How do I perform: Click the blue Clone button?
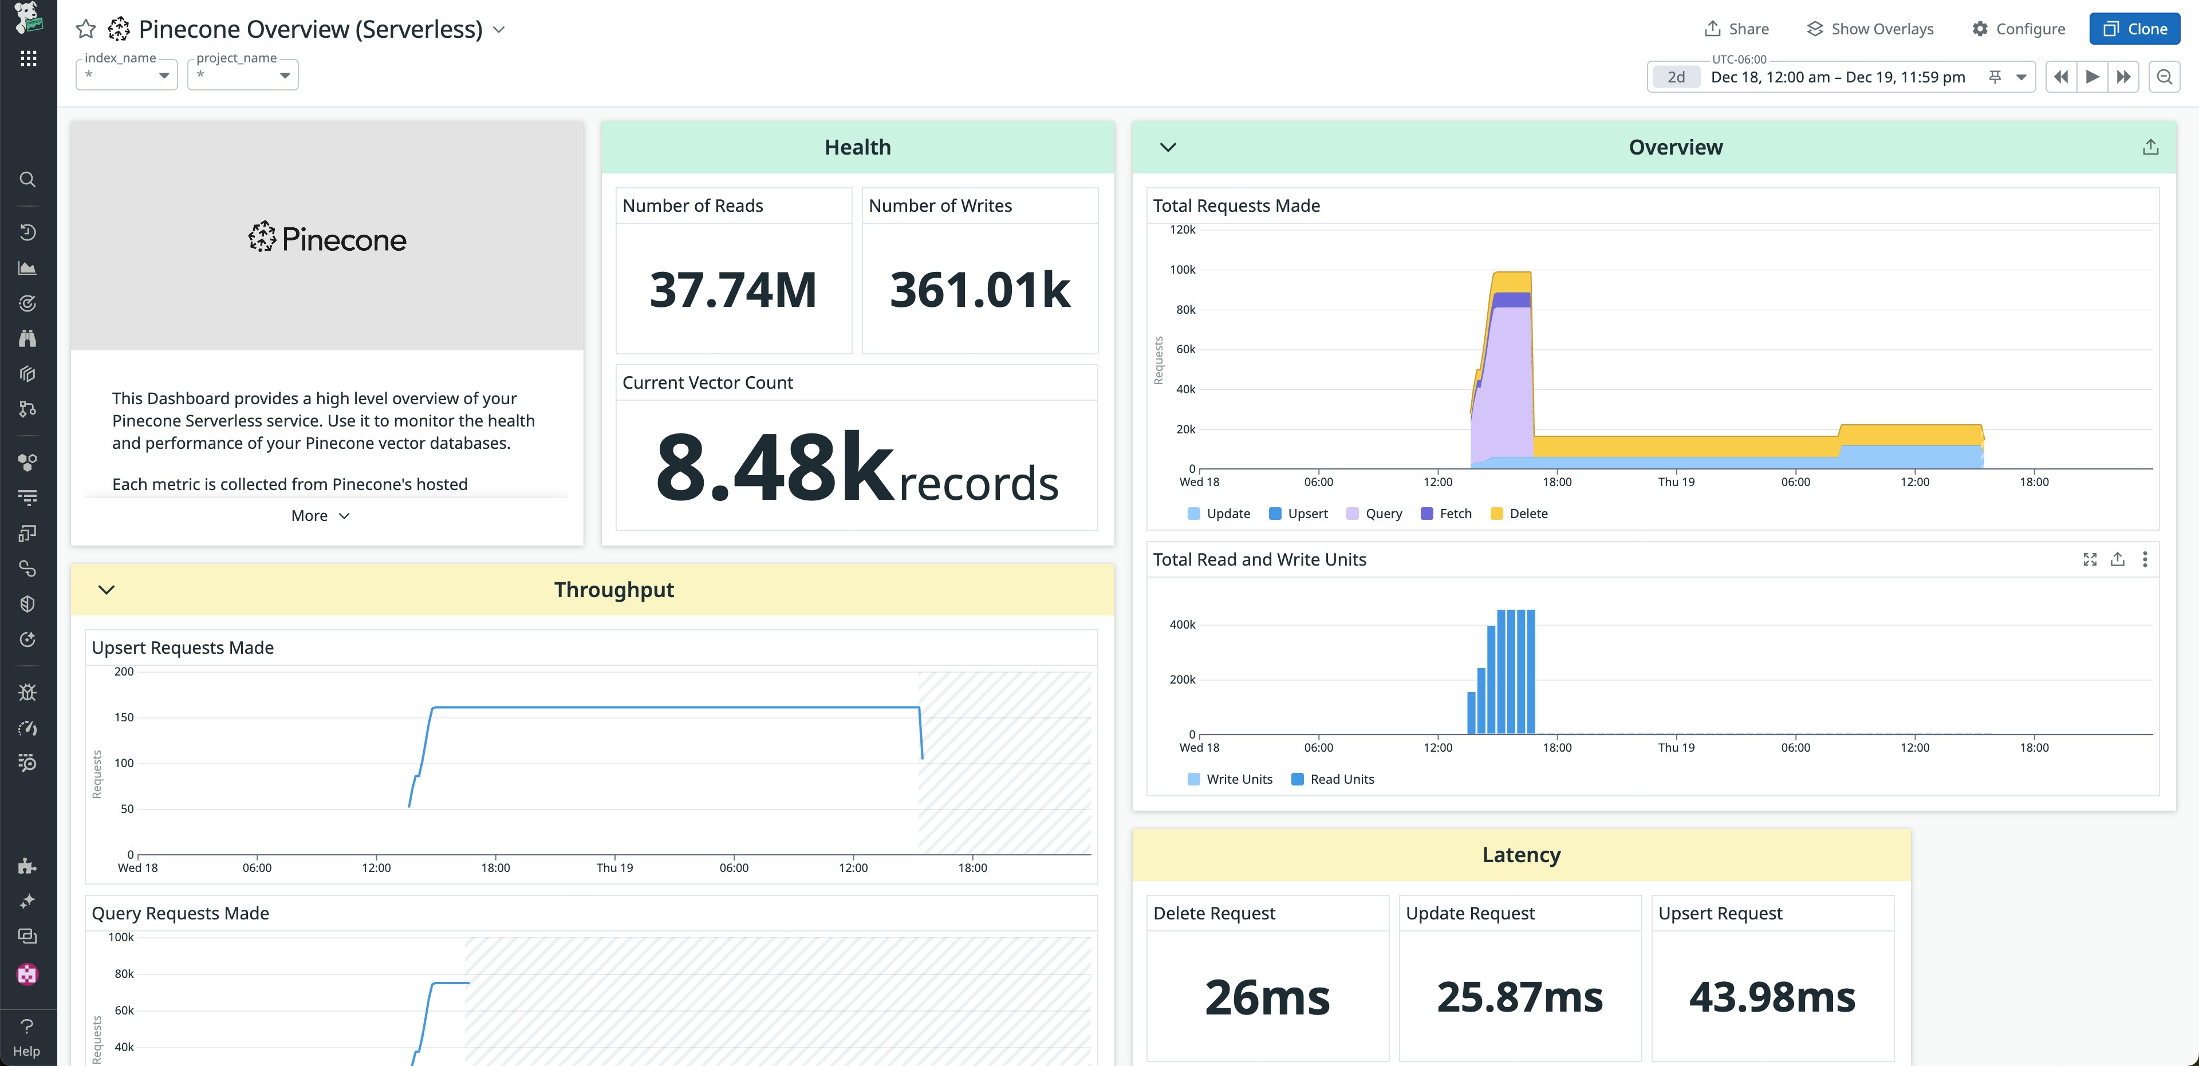(2134, 29)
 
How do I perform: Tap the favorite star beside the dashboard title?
(85, 30)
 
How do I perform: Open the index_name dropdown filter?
(127, 75)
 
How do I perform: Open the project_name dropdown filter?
(242, 75)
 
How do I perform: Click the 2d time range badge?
(1676, 77)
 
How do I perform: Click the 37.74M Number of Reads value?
(732, 289)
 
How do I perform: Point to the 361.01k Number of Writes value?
(979, 289)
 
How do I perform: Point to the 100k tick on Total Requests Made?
(1183, 270)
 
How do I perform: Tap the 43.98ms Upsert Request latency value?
(1772, 997)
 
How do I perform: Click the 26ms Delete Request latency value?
(1267, 997)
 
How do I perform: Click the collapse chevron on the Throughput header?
(107, 590)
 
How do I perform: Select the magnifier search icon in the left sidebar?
(27, 179)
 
